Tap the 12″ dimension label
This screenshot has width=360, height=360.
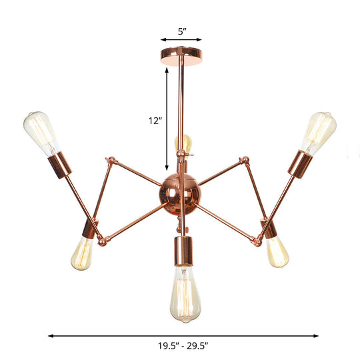point(155,121)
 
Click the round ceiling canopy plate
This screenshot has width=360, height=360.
point(181,53)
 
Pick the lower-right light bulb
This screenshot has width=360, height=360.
point(277,251)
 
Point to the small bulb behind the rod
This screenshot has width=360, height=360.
point(184,143)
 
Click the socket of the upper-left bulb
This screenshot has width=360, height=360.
point(63,164)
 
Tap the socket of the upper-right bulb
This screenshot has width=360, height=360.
point(299,163)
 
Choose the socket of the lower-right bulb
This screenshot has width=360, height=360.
point(270,229)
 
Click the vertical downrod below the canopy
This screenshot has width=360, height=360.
point(181,107)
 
